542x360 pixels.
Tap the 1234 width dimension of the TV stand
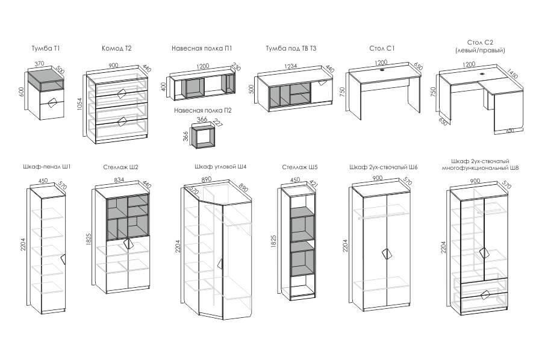point(290,66)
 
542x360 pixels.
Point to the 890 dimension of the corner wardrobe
point(206,179)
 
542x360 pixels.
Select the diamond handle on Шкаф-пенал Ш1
point(63,259)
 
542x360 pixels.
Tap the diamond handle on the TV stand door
point(324,82)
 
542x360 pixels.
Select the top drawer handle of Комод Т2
point(122,93)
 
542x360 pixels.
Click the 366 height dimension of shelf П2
point(185,137)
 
